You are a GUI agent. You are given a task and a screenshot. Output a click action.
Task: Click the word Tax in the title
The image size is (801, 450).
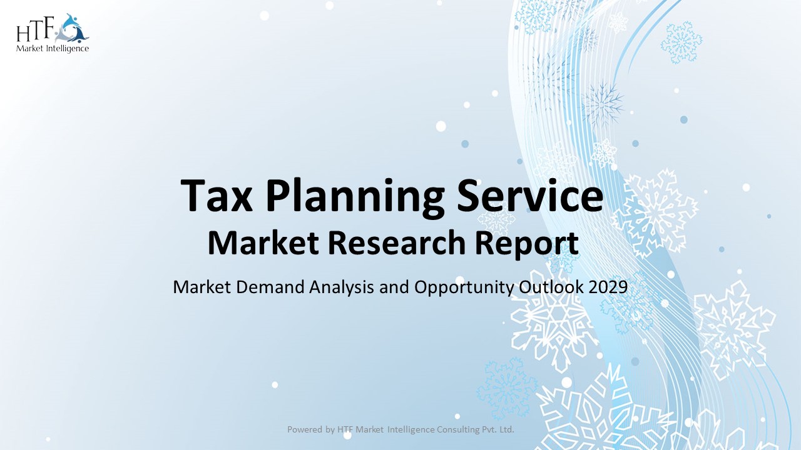pyautogui.click(x=217, y=196)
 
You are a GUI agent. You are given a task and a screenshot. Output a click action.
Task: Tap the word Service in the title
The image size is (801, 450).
pyautogui.click(x=526, y=196)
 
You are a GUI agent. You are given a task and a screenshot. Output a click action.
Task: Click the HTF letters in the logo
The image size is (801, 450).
pyautogui.click(x=36, y=30)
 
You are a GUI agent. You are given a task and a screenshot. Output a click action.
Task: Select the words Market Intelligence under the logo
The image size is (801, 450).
pyautogui.click(x=53, y=48)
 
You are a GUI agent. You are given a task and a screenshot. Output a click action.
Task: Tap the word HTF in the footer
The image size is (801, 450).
pyautogui.click(x=345, y=429)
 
